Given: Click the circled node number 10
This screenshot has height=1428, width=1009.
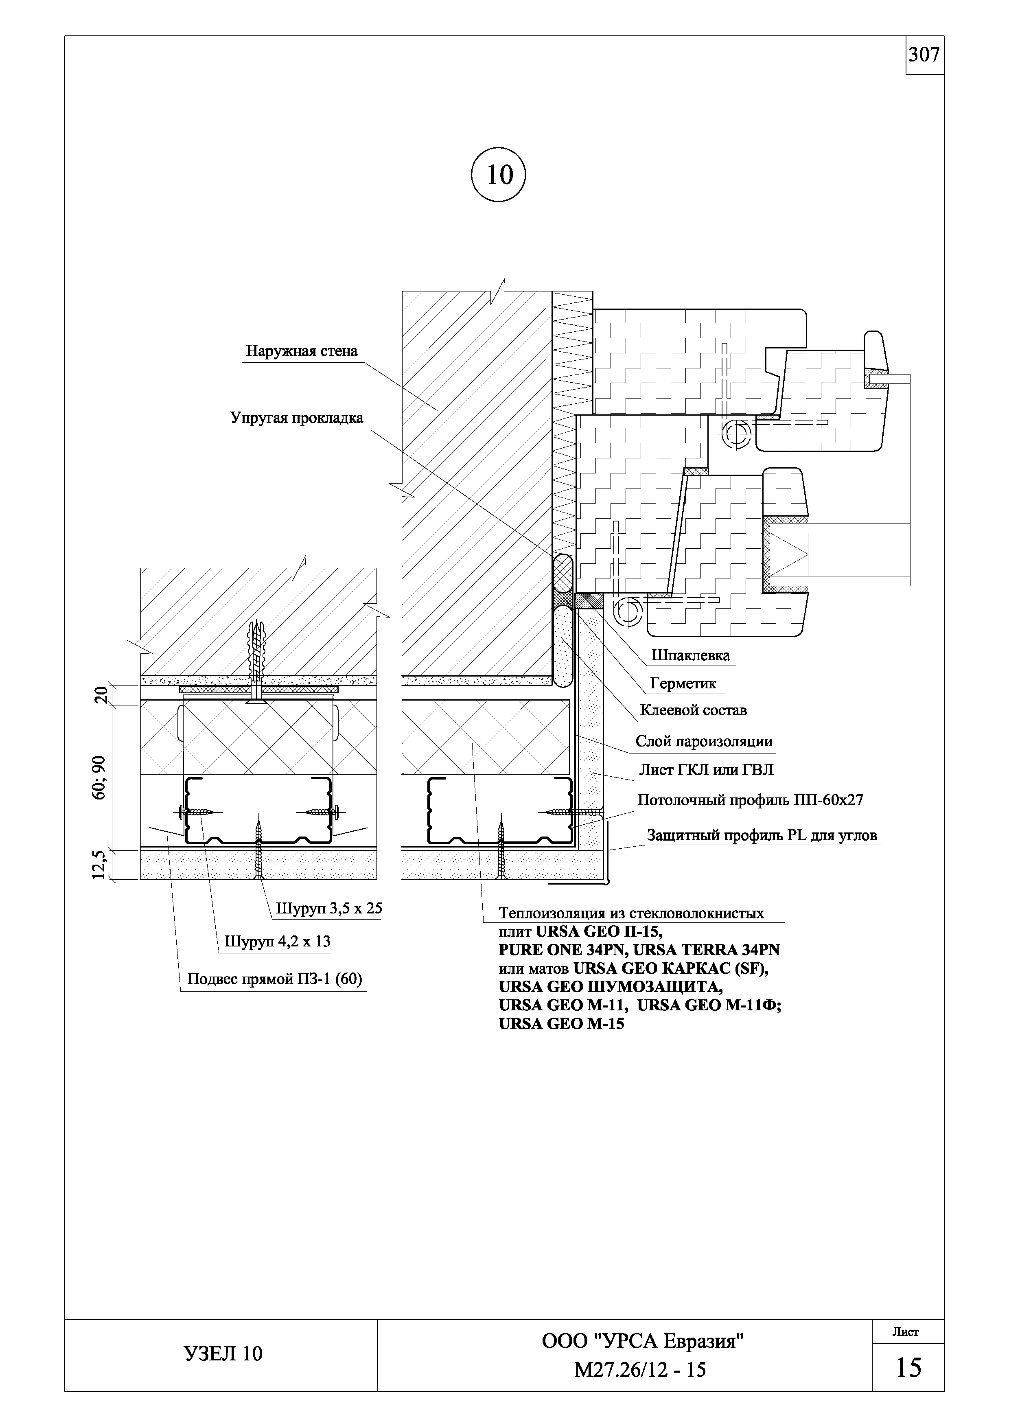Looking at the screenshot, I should (x=499, y=175).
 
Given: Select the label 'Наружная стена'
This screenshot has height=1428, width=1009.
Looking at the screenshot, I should (x=302, y=351).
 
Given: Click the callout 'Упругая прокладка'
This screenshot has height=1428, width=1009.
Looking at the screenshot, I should (x=297, y=418).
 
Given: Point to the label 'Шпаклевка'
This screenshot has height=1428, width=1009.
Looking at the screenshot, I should (x=691, y=655).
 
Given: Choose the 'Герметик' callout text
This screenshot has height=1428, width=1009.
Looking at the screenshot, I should (x=683, y=683).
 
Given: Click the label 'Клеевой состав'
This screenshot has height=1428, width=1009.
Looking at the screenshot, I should (x=693, y=710).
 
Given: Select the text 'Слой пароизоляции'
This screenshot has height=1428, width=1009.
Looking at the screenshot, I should (x=704, y=741).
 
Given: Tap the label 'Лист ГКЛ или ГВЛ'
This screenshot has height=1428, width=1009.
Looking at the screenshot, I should (x=707, y=771).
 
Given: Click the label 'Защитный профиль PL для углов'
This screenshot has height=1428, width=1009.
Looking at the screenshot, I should (x=762, y=835).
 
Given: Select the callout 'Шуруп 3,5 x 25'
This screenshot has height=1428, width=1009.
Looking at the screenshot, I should (x=329, y=909).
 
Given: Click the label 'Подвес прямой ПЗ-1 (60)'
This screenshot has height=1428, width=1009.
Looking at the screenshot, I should (x=275, y=980).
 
